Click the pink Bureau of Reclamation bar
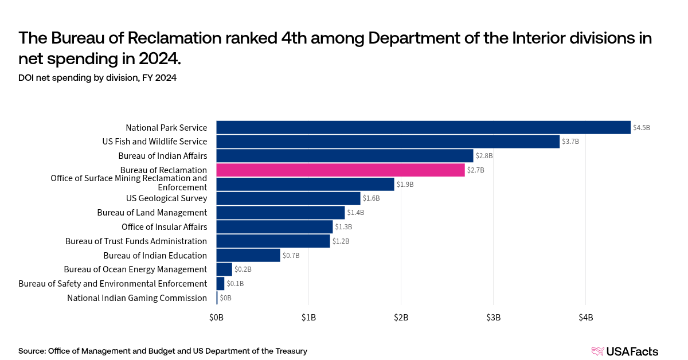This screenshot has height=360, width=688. (341, 170)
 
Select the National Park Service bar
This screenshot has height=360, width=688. (423, 127)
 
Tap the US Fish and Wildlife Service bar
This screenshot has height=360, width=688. (388, 142)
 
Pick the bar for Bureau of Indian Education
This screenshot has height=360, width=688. (248, 255)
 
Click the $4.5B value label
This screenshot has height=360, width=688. (642, 128)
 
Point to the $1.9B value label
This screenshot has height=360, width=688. (405, 185)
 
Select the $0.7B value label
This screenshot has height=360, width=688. (291, 256)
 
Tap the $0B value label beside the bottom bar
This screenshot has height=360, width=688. (225, 298)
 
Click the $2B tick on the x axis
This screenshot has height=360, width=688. (401, 317)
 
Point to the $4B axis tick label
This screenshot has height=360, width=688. (585, 317)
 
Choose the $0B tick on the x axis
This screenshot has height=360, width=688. (216, 317)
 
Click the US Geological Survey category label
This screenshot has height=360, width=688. (166, 198)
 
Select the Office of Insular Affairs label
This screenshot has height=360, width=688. (164, 227)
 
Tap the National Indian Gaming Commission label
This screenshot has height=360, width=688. (137, 298)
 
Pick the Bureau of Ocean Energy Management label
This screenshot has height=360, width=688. (135, 269)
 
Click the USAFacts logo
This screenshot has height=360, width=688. (624, 351)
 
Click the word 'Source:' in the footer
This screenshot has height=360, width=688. (32, 351)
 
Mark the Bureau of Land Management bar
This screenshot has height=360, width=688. (280, 213)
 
